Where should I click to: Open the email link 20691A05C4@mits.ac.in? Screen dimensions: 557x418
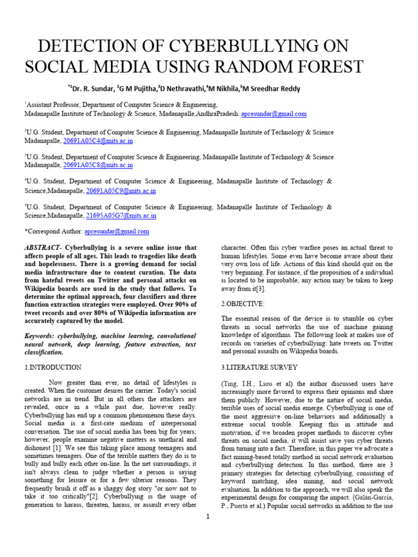click(x=98, y=141)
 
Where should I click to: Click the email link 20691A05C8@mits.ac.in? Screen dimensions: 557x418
click(x=98, y=165)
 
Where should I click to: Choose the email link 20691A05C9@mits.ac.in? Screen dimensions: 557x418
click(x=121, y=191)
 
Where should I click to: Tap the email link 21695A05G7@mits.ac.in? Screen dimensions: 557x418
click(x=121, y=215)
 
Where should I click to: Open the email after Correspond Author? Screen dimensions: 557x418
click(x=116, y=231)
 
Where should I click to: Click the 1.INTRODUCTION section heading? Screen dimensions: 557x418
click(x=53, y=367)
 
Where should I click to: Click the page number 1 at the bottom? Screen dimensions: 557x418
click(x=208, y=517)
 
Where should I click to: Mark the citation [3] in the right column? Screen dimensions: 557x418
click(x=262, y=289)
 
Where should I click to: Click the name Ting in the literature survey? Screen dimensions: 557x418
click(x=228, y=383)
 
